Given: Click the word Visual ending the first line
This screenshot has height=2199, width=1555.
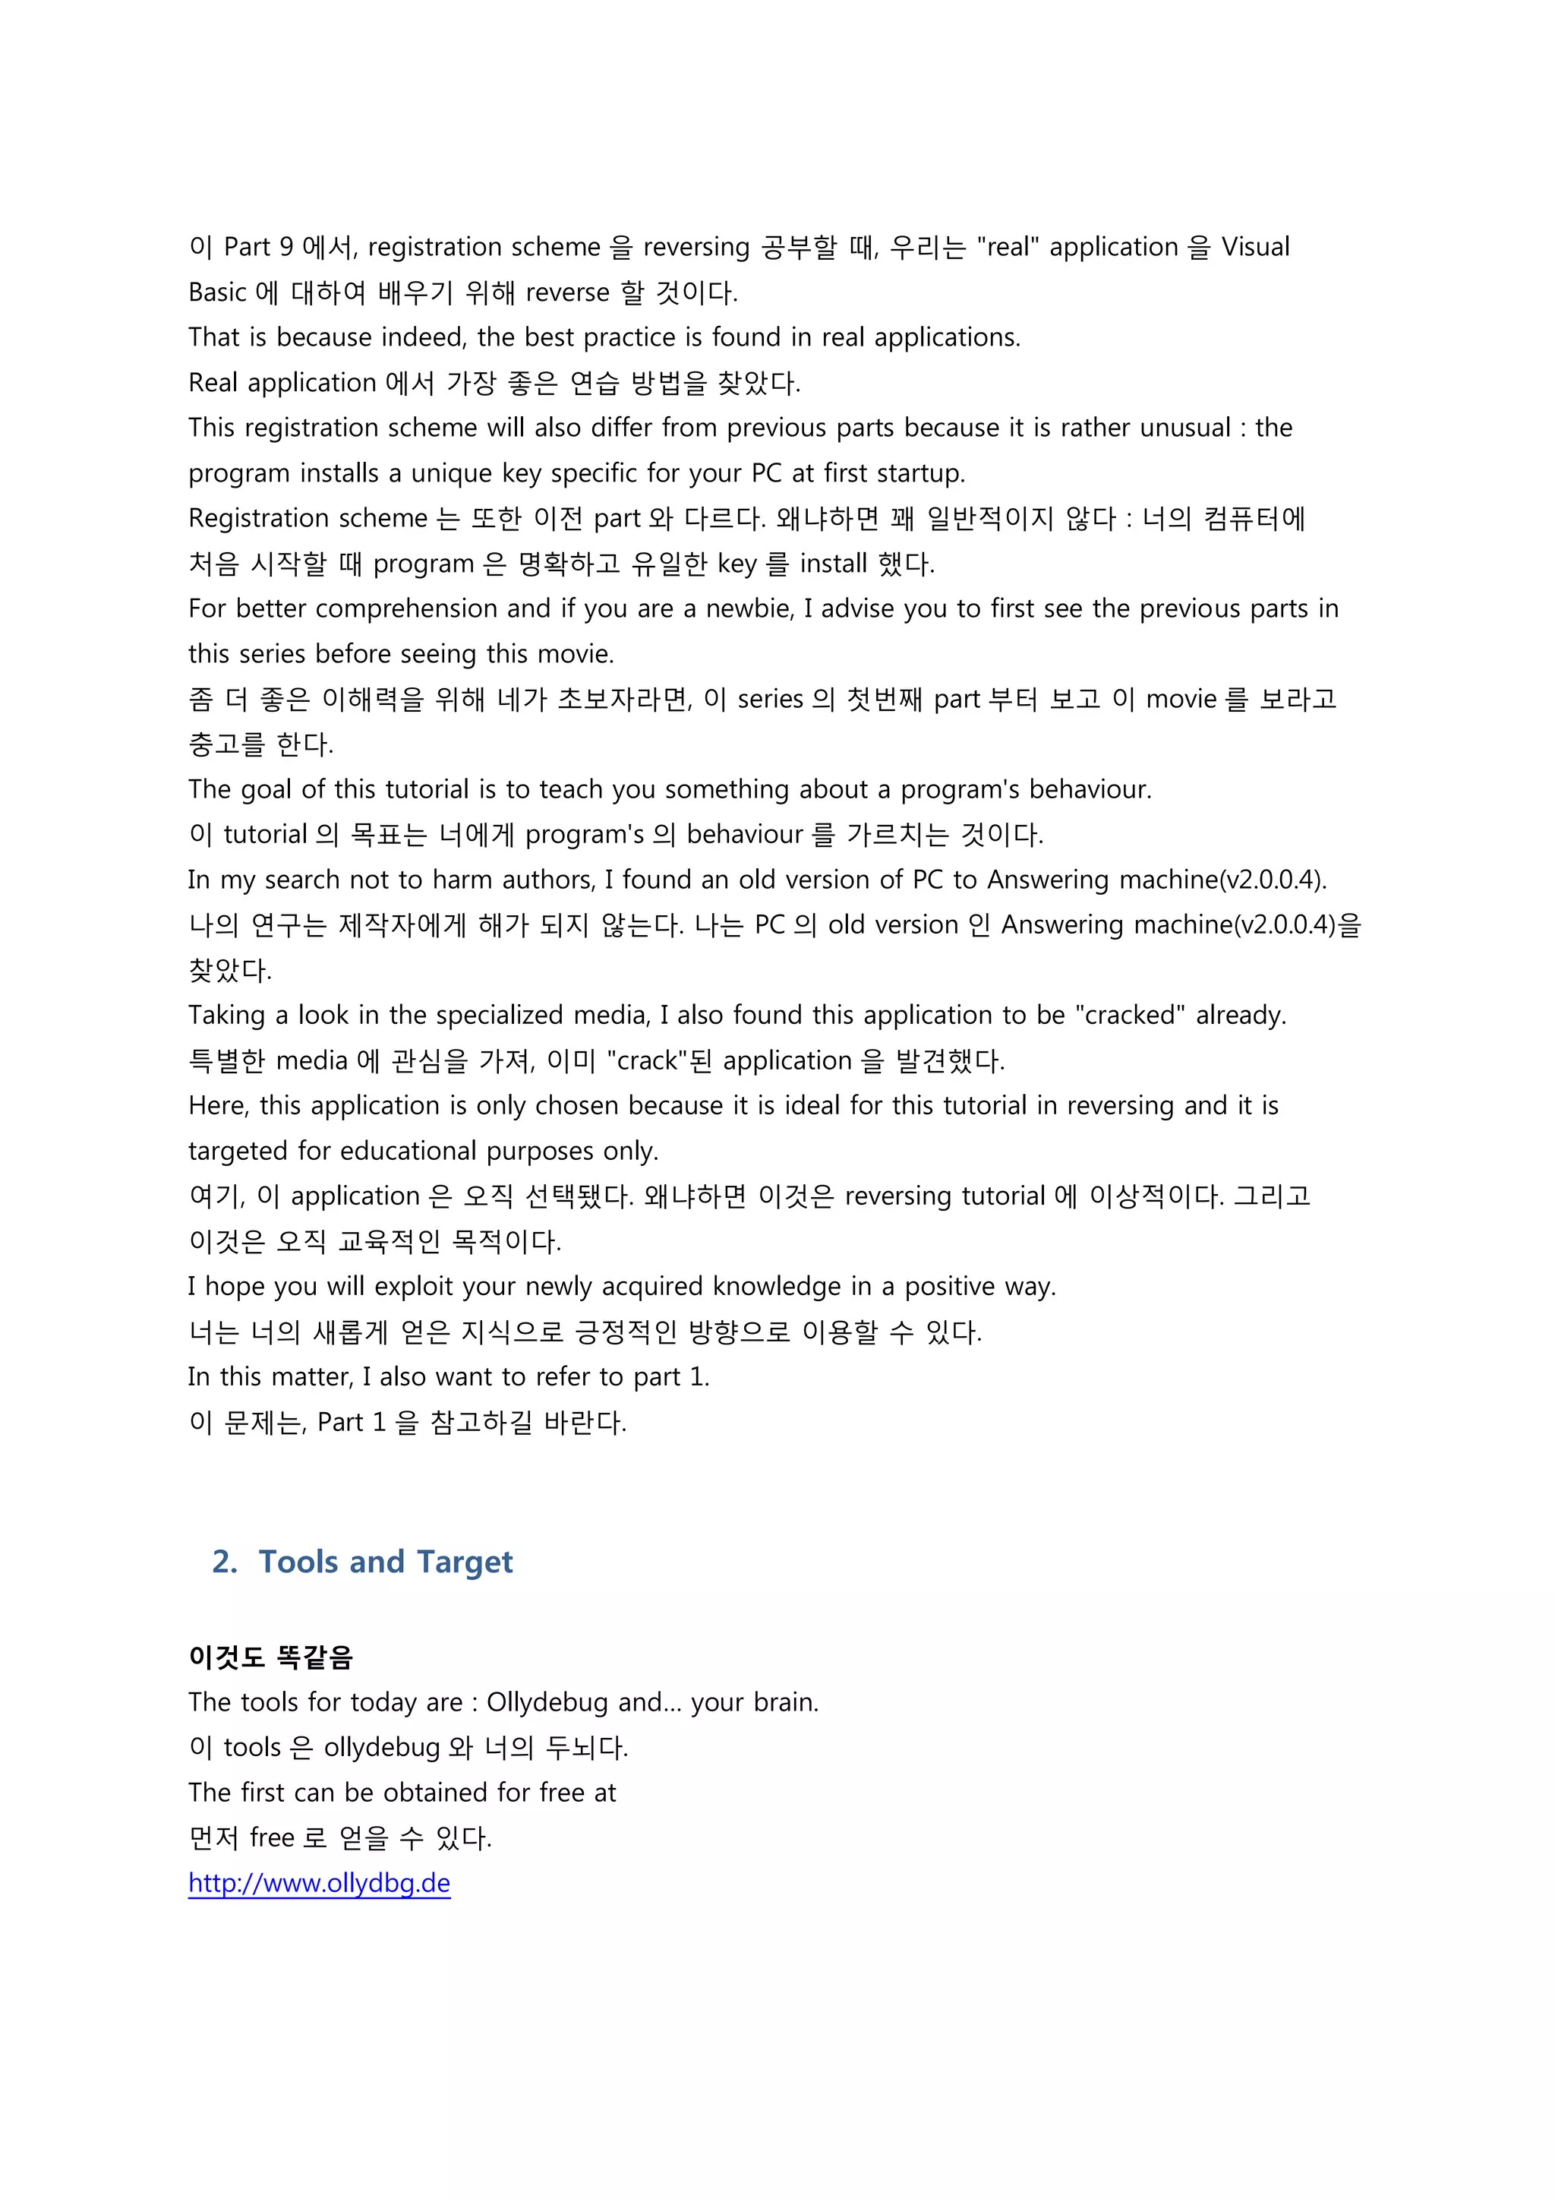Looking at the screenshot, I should (x=1254, y=247).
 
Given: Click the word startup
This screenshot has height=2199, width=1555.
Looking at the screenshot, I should (x=920, y=473).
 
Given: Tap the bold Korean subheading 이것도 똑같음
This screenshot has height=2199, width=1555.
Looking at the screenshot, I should (x=271, y=1657).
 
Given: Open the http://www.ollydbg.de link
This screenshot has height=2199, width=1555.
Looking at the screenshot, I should (x=319, y=1883).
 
